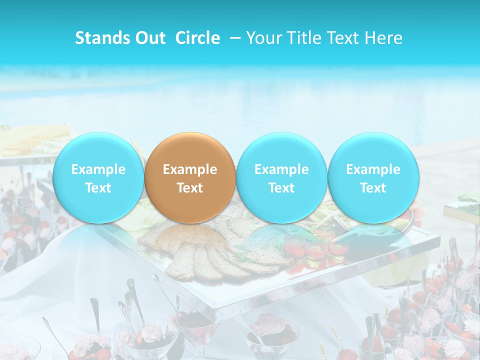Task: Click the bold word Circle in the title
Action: pyautogui.click(x=197, y=38)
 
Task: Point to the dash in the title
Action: pyautogui.click(x=235, y=38)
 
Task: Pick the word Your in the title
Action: pyautogui.click(x=263, y=38)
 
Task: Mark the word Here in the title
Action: pyautogui.click(x=384, y=38)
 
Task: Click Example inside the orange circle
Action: pyautogui.click(x=190, y=169)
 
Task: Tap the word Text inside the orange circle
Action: pyautogui.click(x=190, y=188)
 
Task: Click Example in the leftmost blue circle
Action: pyautogui.click(x=98, y=169)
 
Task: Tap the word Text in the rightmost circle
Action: pyautogui.click(x=373, y=188)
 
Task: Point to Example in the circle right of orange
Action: pyautogui.click(x=281, y=169)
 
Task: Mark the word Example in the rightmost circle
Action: pyautogui.click(x=373, y=169)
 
